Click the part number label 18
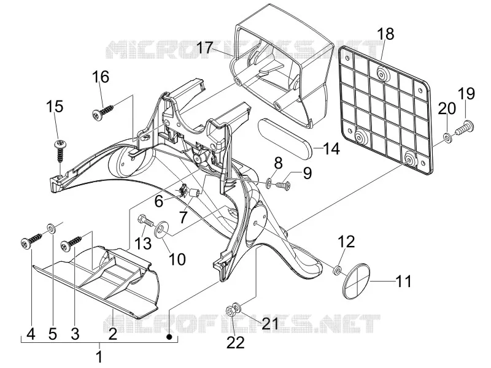[385, 34]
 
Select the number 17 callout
[205, 48]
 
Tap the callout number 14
[331, 148]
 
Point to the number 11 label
[403, 282]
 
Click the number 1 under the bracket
[99, 357]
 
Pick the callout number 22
[236, 343]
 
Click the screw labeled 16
[103, 112]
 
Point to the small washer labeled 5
[51, 228]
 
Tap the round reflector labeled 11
[356, 281]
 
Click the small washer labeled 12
[337, 270]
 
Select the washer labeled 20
[447, 137]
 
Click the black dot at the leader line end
[169, 337]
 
